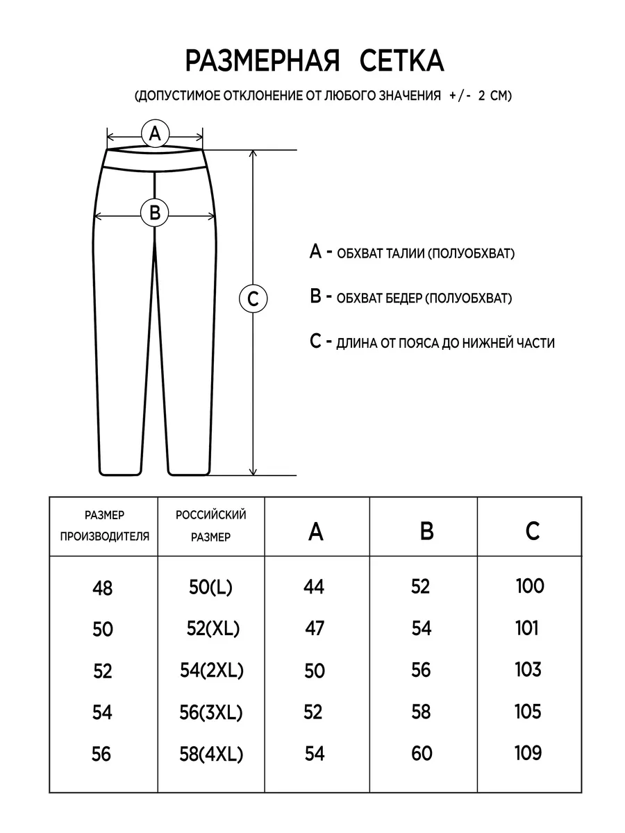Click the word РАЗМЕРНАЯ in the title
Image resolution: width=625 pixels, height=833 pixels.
click(x=262, y=62)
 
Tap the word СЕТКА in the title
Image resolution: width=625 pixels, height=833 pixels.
click(x=402, y=62)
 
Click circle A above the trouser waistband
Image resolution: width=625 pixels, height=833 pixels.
click(x=155, y=133)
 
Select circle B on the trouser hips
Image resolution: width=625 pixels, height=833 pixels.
click(x=155, y=212)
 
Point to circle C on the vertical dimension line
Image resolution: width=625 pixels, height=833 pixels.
click(x=253, y=299)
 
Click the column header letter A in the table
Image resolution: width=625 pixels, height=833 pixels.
click(x=316, y=532)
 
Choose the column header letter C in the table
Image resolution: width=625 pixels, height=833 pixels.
click(x=532, y=532)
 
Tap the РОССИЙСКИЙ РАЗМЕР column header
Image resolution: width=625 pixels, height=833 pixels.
click(x=210, y=525)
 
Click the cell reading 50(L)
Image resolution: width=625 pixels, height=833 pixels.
click(x=210, y=587)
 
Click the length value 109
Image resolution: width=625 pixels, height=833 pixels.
click(x=529, y=752)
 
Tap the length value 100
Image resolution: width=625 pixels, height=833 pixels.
click(x=531, y=586)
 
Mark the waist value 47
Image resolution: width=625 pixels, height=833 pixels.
click(x=315, y=628)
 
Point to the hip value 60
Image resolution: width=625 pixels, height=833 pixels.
click(x=422, y=753)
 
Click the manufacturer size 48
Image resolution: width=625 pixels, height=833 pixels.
click(x=102, y=589)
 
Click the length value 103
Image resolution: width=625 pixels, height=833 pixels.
click(x=528, y=670)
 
